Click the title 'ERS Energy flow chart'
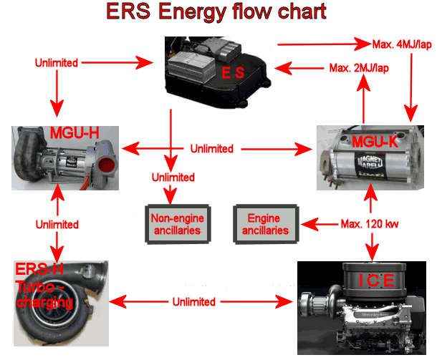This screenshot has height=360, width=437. tap(216, 12)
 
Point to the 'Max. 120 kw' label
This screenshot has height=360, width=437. tap(372, 223)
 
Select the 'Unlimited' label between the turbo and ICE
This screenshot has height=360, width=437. tap(193, 302)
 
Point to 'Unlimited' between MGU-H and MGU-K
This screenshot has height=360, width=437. tap(211, 149)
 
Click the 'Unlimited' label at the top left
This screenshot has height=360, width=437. tap(55, 63)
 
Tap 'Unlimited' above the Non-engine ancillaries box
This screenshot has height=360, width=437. tap(172, 177)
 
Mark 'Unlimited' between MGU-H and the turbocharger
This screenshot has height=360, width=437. tap(57, 224)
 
